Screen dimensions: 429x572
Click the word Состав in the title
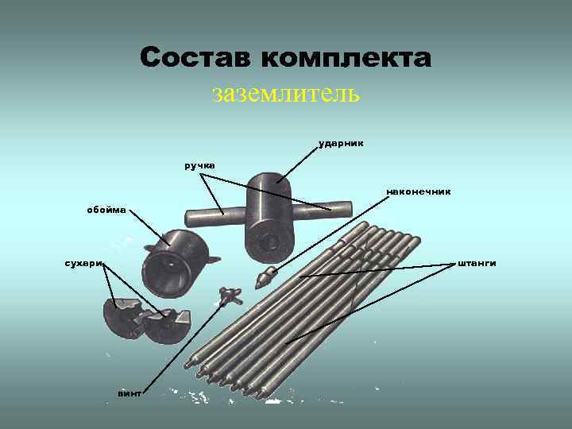click(195, 58)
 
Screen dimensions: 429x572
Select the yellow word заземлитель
click(286, 94)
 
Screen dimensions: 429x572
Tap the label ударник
click(341, 144)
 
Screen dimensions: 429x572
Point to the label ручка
click(199, 165)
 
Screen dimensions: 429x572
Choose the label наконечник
click(418, 191)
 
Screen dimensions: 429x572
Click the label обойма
click(106, 210)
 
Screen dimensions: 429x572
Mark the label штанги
click(477, 263)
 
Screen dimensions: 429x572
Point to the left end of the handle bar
click(191, 214)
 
